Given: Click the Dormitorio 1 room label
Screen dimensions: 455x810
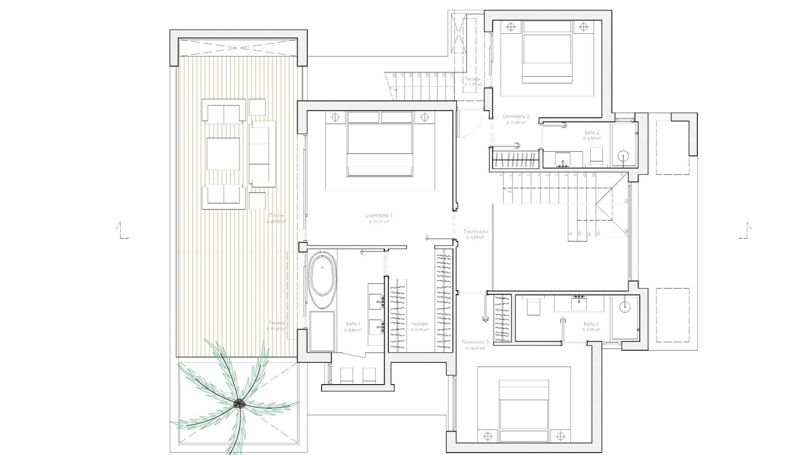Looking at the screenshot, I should pos(379,216).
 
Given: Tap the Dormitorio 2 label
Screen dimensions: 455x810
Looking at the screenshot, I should pos(516,116).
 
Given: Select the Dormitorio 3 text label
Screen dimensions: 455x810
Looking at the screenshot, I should pos(475,343).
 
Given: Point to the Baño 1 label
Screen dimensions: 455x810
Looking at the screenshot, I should pos(353,324).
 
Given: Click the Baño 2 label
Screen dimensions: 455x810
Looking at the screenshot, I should pos(591,132).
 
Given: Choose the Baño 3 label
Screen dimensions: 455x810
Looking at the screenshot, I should pos(591,324).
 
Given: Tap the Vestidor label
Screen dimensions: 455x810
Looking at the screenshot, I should pos(419,324).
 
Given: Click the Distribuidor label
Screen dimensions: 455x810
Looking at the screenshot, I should pos(476,232).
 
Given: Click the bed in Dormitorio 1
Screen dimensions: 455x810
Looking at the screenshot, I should pos(380,150).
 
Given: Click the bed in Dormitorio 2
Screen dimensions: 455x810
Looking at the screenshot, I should pos(547,53).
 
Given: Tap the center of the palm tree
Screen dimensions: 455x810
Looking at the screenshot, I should pos(239,404).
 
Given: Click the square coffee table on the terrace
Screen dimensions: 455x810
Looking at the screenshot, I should pos(223,154).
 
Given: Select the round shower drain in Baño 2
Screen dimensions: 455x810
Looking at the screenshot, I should pos(623,156).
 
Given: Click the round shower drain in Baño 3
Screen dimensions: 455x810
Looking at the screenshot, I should pos(625,306).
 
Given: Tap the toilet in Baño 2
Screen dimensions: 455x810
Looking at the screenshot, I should pos(596,156).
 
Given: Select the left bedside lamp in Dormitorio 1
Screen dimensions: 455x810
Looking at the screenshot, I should pos(335,117).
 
